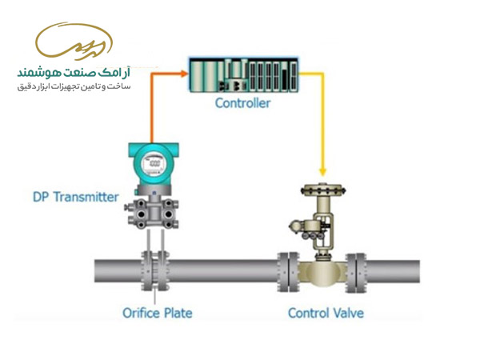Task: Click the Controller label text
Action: point(242,103)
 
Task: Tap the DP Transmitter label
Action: point(76,197)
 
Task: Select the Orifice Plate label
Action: point(158,312)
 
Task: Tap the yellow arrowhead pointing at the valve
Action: point(322,172)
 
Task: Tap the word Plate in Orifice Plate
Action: point(178,312)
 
